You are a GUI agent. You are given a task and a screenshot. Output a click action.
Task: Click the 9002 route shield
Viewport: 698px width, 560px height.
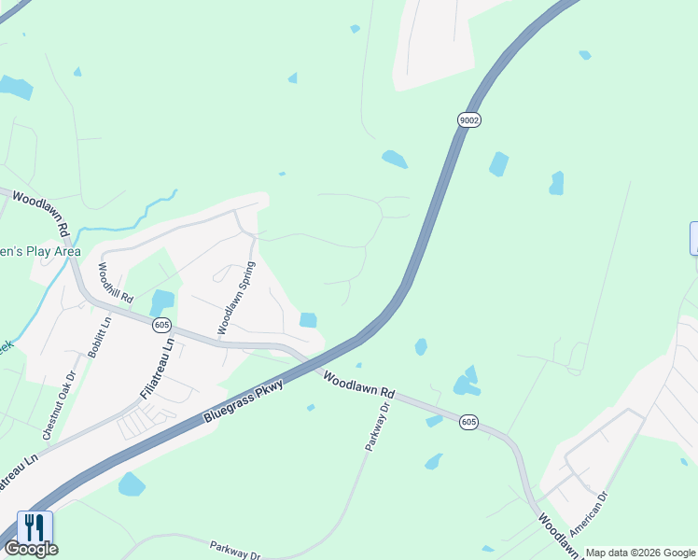469,119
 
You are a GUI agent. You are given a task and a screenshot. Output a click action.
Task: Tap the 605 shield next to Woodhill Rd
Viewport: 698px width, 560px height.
162,325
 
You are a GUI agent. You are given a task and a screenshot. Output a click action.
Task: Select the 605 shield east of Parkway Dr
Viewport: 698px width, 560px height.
468,423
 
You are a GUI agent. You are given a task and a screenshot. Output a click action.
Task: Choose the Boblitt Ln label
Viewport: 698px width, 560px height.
99,336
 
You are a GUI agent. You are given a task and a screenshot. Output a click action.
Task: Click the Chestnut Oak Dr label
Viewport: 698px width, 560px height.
58,406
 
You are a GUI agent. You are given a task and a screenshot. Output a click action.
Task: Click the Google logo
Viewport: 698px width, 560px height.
31,549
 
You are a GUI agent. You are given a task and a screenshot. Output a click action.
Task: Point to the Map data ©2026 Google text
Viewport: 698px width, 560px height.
641,553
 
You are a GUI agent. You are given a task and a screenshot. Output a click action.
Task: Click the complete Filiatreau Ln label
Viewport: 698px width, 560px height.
157,368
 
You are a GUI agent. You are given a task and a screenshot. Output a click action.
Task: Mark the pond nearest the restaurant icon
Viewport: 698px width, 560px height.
132,483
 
